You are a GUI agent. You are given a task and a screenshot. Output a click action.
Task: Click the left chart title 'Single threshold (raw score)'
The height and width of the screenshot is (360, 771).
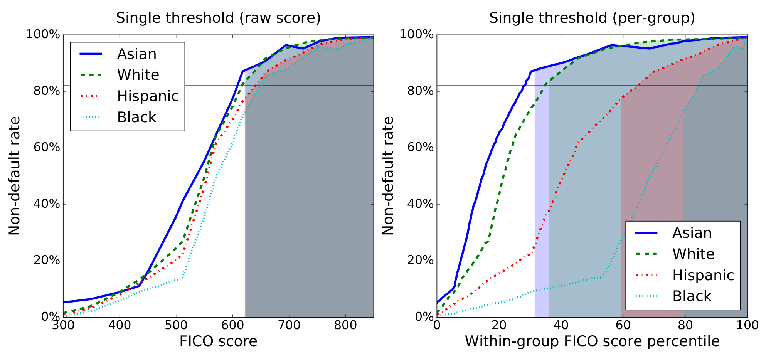click(x=218, y=18)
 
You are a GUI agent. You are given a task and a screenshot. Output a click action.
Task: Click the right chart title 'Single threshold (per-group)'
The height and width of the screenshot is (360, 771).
click(x=592, y=18)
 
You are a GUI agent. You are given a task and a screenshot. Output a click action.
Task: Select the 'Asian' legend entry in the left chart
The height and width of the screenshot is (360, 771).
click(x=136, y=54)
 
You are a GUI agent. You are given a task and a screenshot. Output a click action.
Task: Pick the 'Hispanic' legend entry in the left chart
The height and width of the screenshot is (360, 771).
click(x=148, y=96)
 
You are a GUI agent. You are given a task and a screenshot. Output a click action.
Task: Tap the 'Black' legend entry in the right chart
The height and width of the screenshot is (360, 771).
click(x=692, y=296)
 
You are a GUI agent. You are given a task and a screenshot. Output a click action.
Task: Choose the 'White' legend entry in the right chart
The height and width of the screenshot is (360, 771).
click(x=693, y=254)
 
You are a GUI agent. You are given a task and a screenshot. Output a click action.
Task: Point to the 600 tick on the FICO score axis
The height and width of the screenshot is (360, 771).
click(x=232, y=325)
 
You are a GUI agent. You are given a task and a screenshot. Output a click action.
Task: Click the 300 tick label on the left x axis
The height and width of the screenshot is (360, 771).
click(x=63, y=325)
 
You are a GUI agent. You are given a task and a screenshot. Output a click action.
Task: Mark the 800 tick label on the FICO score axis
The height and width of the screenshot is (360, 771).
click(x=345, y=325)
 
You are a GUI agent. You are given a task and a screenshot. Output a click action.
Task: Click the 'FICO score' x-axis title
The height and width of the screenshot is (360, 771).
click(x=218, y=341)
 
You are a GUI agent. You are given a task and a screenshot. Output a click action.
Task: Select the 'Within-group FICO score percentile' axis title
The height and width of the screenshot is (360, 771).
click(x=592, y=341)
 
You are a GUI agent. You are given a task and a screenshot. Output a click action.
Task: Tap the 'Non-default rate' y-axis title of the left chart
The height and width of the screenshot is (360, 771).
click(x=15, y=176)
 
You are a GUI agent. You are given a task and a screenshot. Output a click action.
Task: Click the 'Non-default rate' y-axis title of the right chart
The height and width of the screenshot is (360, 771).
click(x=388, y=176)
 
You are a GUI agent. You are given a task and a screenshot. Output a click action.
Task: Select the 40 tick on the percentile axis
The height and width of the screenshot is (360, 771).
click(x=561, y=325)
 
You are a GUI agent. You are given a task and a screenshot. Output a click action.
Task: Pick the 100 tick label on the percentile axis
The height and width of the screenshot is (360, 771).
click(x=747, y=325)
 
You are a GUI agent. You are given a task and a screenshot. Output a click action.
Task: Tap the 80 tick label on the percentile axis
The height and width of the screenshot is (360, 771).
click(x=685, y=325)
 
